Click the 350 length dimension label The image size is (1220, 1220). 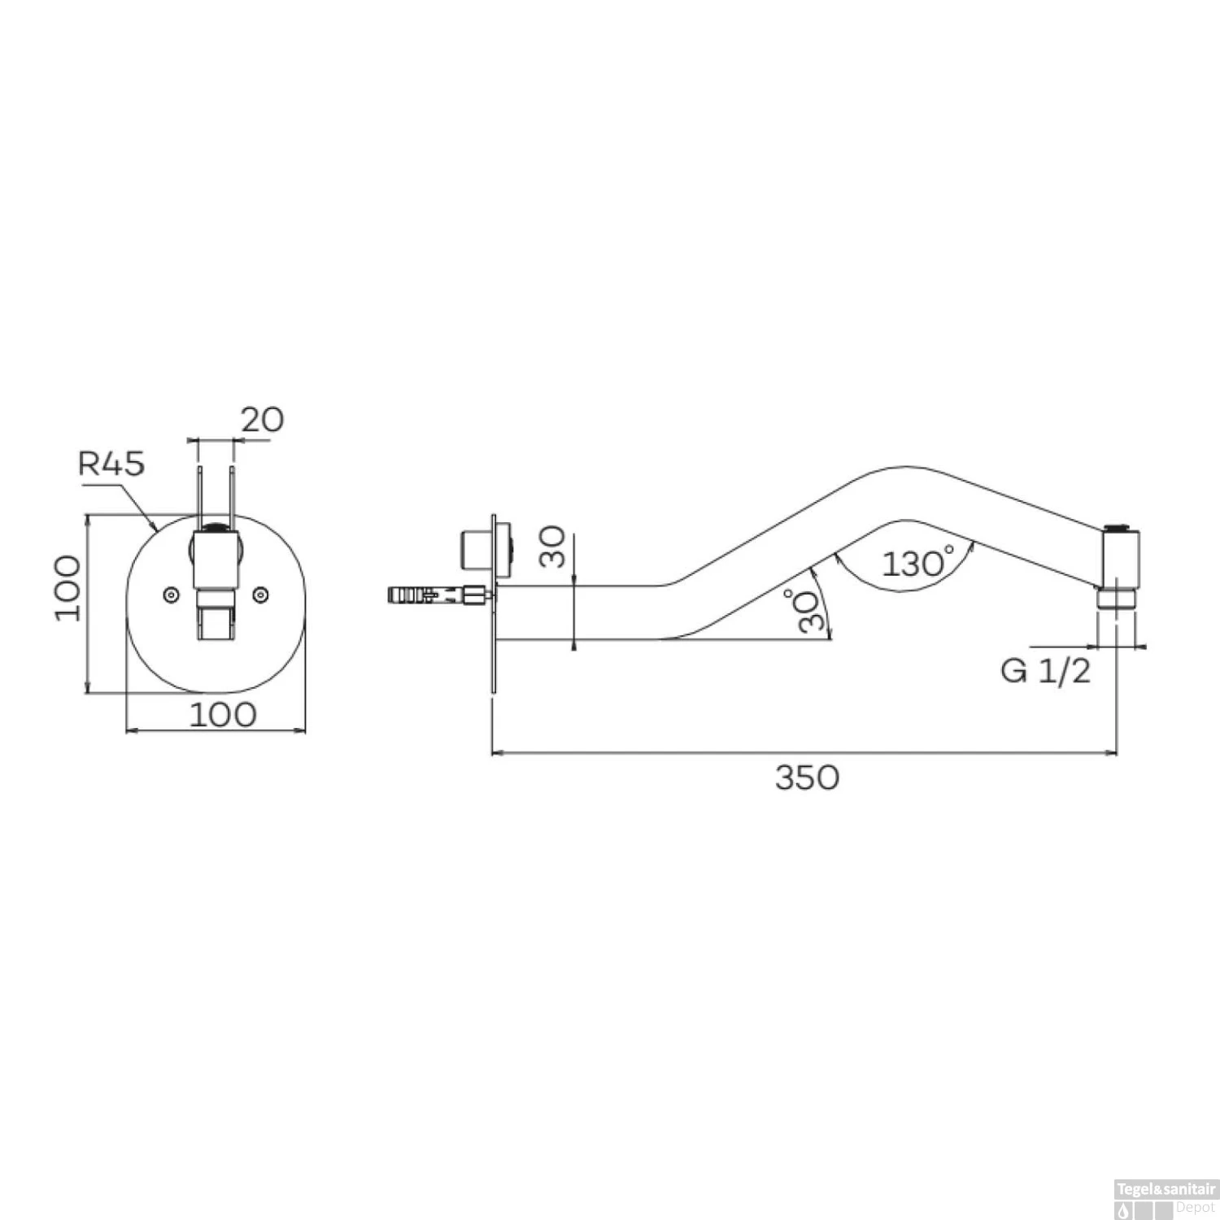[x=806, y=778]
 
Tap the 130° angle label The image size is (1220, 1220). [x=917, y=563]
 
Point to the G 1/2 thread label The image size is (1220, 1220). [x=1045, y=671]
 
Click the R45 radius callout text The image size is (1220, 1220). [x=111, y=463]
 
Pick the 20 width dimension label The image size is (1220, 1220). [x=262, y=420]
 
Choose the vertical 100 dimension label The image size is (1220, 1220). [x=68, y=588]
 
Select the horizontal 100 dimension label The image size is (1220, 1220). [x=223, y=715]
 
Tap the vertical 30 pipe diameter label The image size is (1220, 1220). [x=552, y=547]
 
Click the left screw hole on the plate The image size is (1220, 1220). [x=171, y=595]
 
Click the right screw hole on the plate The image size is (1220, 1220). [x=260, y=595]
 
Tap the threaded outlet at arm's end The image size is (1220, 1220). [x=1116, y=599]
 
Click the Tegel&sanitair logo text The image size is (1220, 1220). [x=1165, y=1190]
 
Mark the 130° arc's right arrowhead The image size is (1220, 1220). [x=973, y=547]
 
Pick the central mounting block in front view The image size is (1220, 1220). [x=216, y=561]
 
